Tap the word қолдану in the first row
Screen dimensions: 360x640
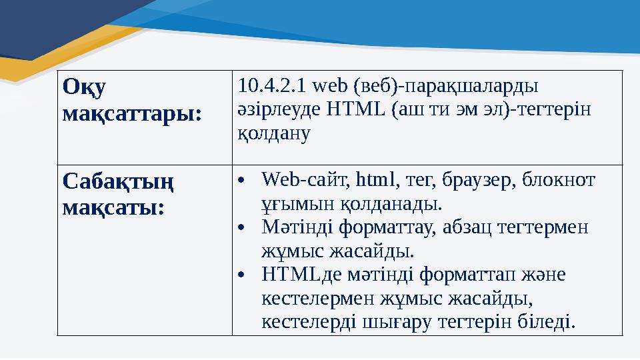pyautogui.click(x=275, y=133)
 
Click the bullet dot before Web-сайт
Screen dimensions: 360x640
pyautogui.click(x=244, y=181)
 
